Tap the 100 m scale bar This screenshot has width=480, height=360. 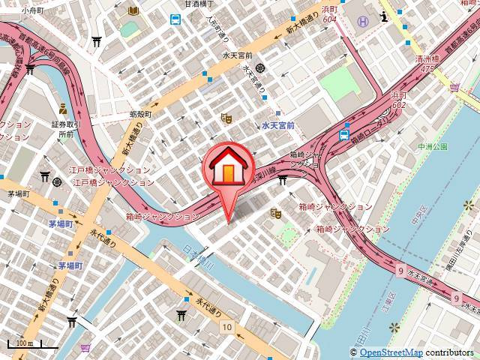click(31, 346)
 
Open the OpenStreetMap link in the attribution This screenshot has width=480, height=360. click(391, 352)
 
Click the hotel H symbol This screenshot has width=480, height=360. click(363, 21)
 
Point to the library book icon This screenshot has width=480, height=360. click(133, 11)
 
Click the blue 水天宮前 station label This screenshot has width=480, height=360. click(277, 126)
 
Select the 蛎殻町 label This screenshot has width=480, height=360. click(139, 114)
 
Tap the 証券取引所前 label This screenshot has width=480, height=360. click(65, 129)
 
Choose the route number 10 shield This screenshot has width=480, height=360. click(226, 327)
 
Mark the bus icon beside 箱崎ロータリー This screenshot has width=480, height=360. click(344, 135)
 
